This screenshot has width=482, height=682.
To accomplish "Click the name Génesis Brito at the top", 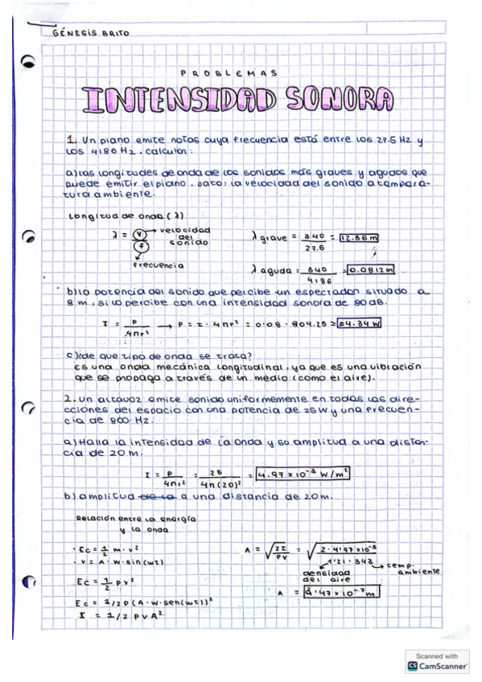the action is click(90, 33).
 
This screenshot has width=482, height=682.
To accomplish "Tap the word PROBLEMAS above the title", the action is click(229, 72).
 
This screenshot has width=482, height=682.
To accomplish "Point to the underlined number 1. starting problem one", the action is click(70, 140).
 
